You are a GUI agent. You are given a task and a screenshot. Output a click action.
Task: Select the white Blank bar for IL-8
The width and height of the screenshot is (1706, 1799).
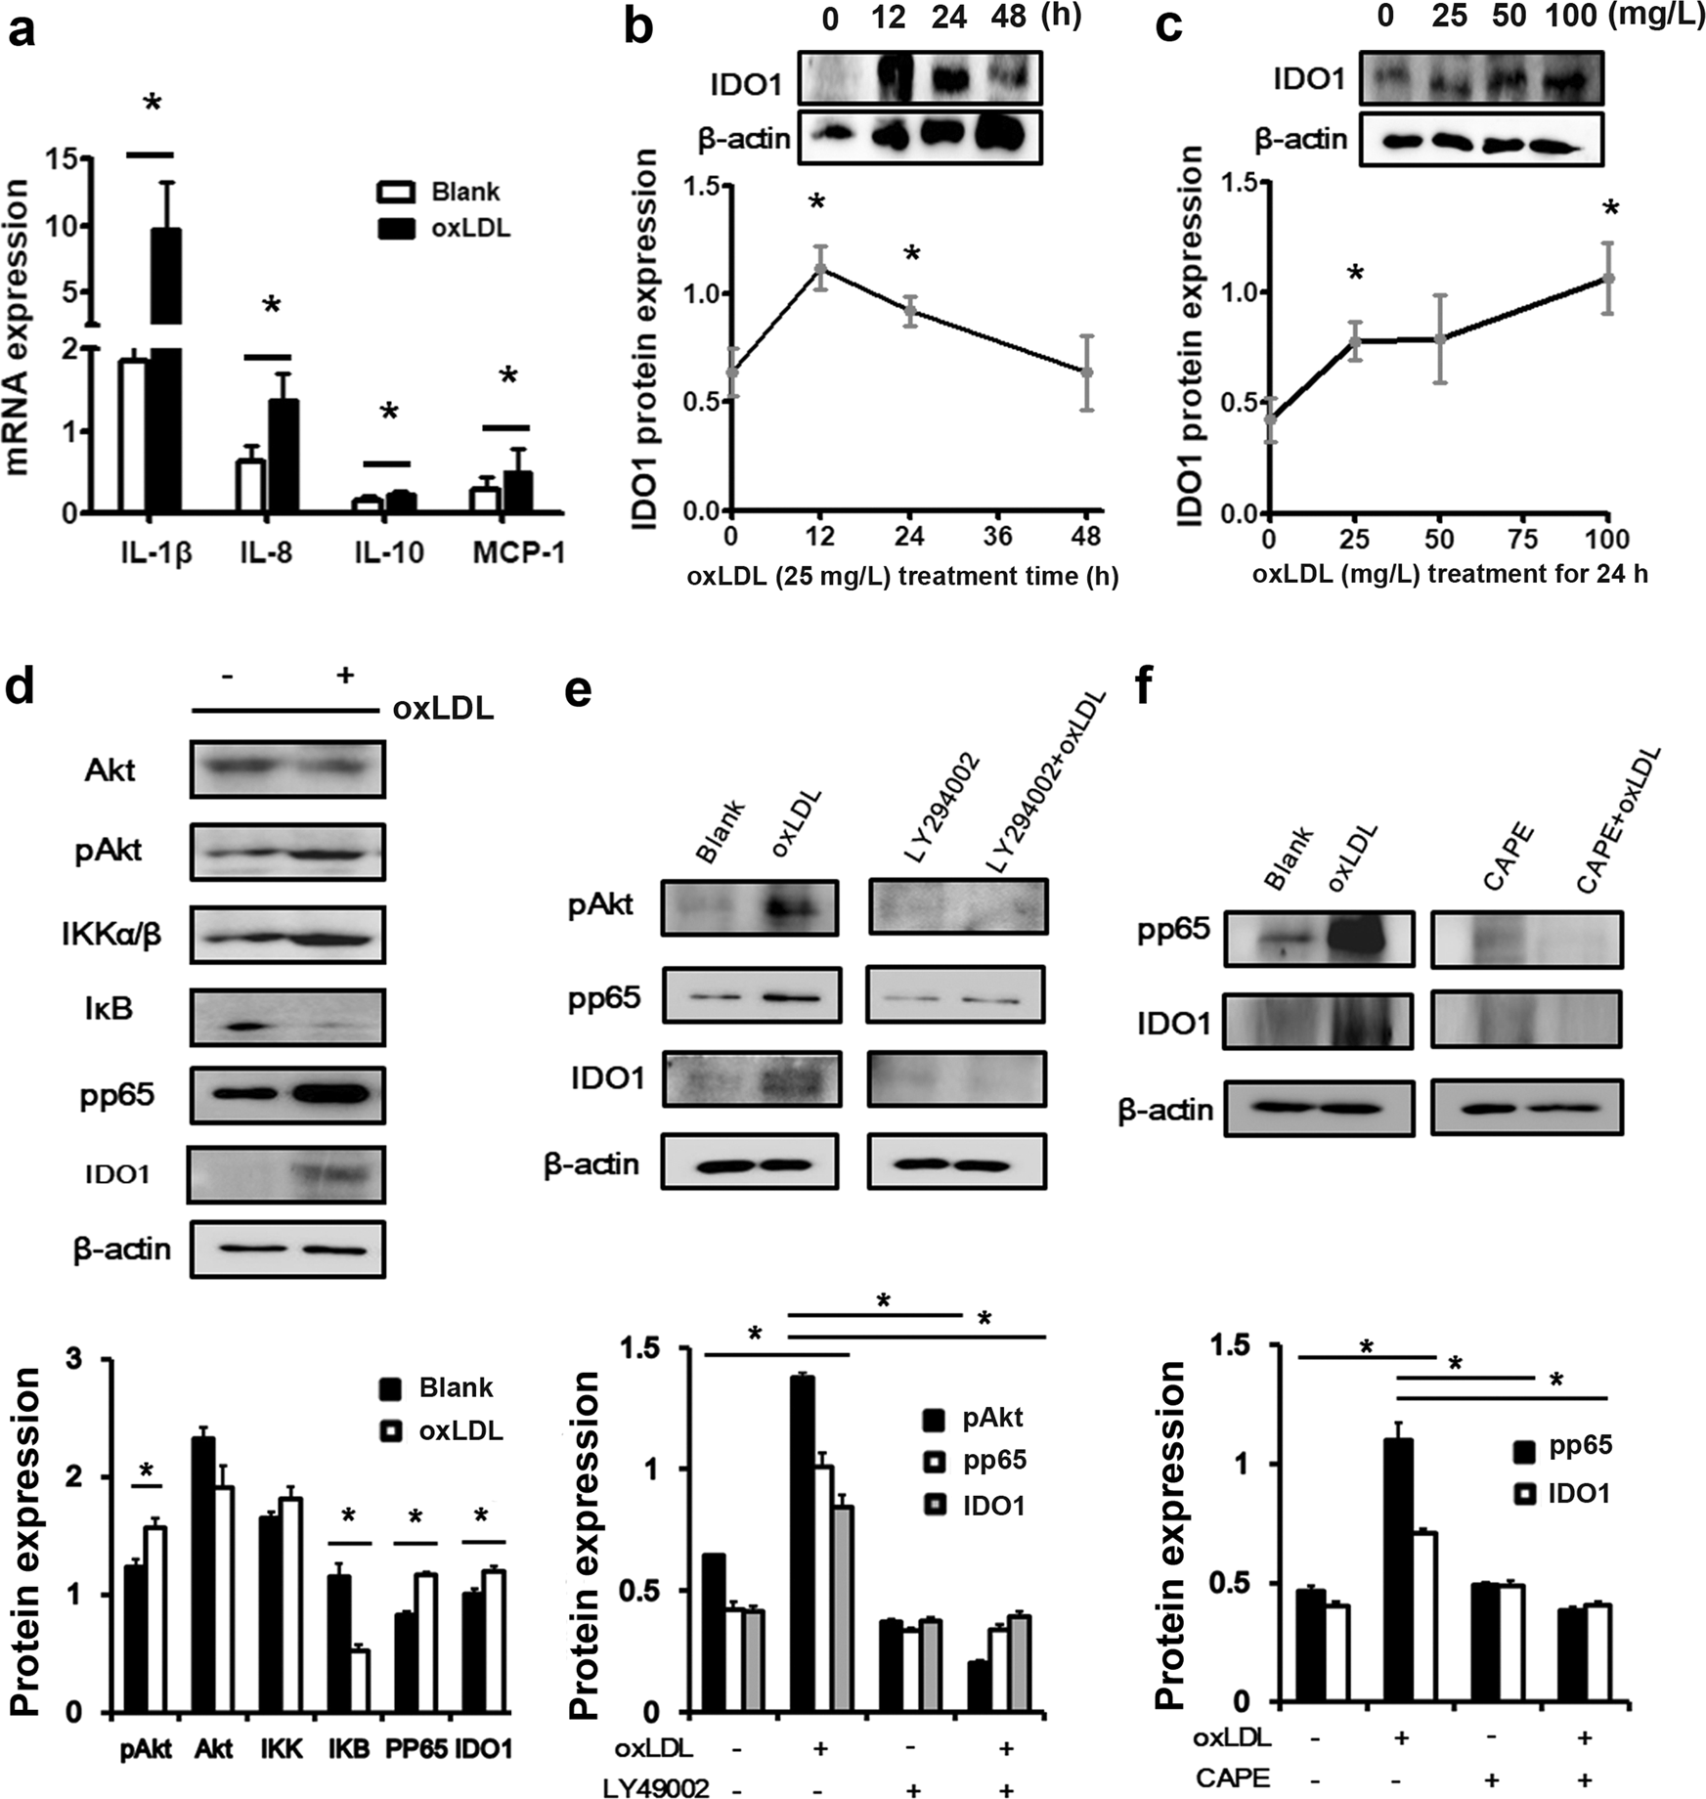click(x=251, y=485)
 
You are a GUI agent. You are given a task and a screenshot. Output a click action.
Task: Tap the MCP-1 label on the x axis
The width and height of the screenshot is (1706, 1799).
click(x=519, y=552)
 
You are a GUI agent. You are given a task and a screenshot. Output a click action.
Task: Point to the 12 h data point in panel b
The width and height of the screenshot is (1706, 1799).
click(x=821, y=268)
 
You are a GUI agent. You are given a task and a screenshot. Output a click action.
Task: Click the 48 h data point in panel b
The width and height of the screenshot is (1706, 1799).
click(x=1087, y=373)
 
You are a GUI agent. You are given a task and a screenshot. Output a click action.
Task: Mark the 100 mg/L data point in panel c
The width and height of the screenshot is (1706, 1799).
click(x=1607, y=279)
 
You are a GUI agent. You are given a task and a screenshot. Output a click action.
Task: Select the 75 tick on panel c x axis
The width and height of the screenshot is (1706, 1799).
click(x=1523, y=539)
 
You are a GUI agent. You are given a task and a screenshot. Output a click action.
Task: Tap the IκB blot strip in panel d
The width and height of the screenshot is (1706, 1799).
click(x=287, y=1018)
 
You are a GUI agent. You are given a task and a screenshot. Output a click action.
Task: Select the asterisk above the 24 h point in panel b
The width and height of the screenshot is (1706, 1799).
click(x=911, y=255)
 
